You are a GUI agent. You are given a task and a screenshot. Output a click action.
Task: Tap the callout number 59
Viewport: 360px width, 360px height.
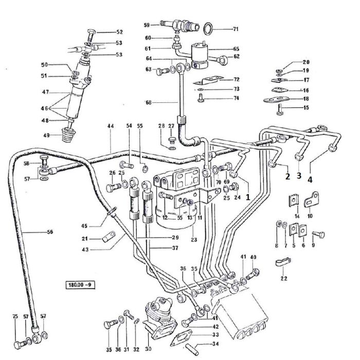(x=147, y=25)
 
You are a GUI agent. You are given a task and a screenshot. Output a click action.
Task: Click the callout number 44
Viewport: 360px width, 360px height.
(x=110, y=126)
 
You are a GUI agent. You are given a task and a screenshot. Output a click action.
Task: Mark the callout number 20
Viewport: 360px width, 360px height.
(x=305, y=62)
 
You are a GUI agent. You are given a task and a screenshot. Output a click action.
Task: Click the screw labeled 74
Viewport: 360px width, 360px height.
(x=201, y=98)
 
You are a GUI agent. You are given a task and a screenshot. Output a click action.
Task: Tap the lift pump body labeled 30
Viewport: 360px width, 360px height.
(x=160, y=316)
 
